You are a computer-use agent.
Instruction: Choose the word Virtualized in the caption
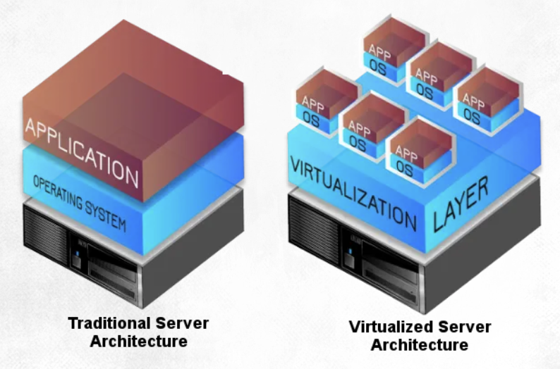pos(391,327)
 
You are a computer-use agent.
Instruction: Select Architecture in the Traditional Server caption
pos(138,342)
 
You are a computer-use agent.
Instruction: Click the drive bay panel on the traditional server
pos(113,271)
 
